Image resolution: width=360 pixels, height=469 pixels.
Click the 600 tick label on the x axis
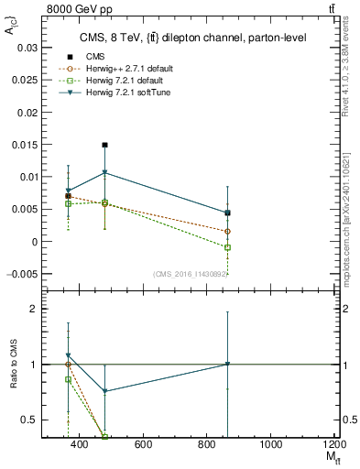coord(142,445)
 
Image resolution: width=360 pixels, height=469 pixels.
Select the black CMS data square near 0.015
coord(105,145)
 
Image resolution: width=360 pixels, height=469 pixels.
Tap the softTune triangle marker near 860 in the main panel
coord(227,213)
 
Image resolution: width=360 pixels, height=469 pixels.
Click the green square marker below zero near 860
coord(227,247)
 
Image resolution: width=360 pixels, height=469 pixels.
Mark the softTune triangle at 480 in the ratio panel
coord(105,391)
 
